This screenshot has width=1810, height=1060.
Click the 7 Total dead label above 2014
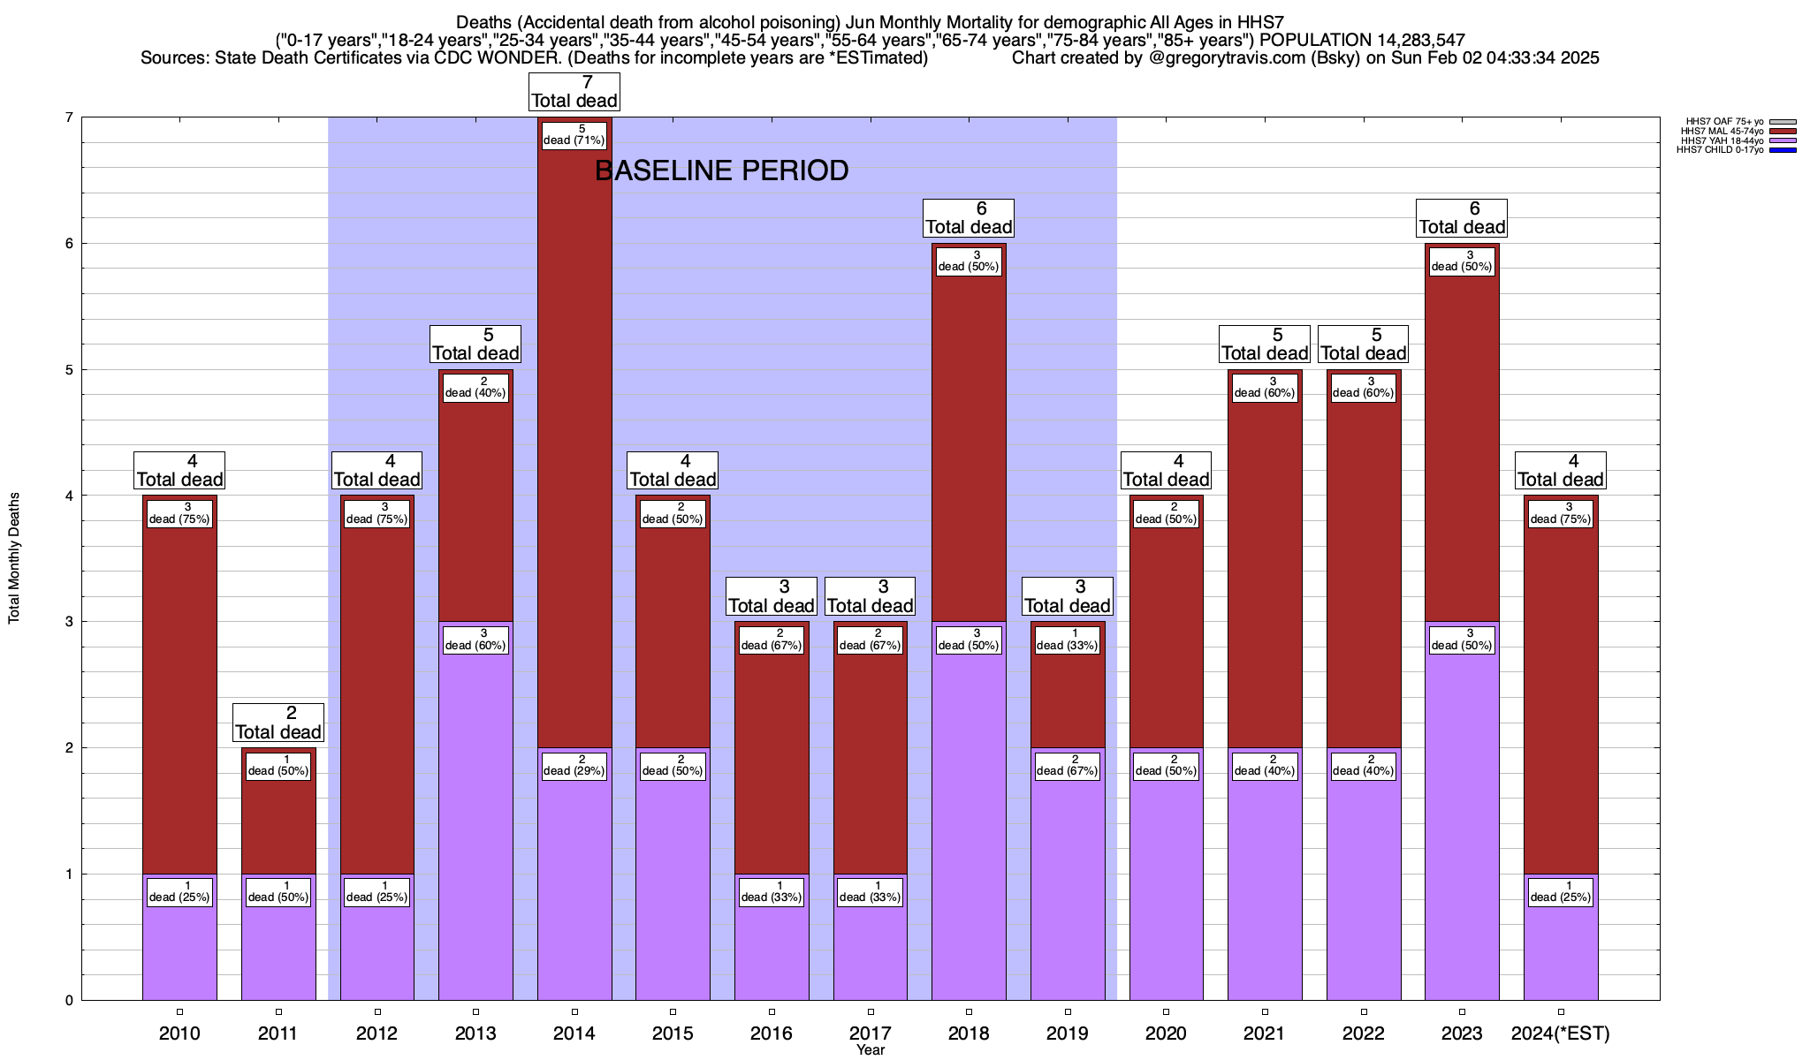coord(574,92)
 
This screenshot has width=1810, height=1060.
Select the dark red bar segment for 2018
coord(969,442)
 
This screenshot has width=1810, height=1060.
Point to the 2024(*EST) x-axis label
coord(1561,1033)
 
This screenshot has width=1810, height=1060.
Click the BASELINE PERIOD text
coord(721,170)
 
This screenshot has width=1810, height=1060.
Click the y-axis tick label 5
coord(68,370)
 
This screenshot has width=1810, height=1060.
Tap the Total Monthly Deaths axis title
coord(14,558)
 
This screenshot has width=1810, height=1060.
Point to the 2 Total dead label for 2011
coord(278,723)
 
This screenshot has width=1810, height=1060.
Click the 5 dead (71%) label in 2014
coord(574,135)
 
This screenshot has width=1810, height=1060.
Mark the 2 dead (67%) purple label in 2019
coord(1068,766)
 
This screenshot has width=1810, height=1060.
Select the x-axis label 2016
coord(772,1033)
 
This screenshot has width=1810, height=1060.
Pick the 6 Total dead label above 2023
coord(1462,218)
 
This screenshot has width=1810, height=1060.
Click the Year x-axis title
coord(871,1050)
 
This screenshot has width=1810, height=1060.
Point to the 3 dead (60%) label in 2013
coord(475,640)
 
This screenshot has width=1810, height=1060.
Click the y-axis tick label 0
coord(68,1001)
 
